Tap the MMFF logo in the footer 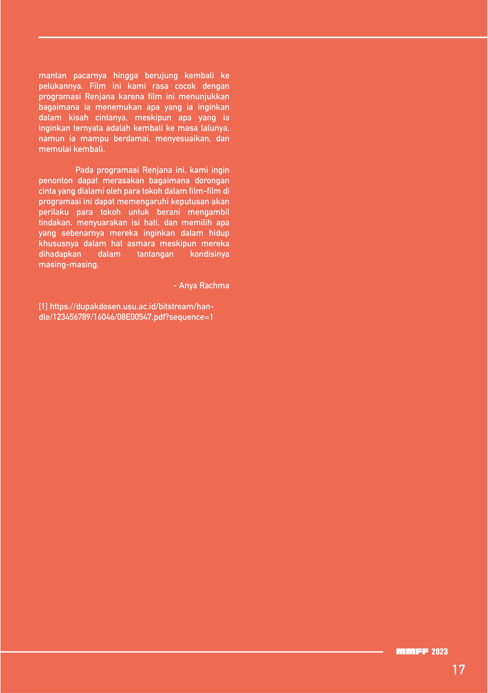[412, 652]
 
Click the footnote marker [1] [43, 307]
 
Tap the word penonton [56, 181]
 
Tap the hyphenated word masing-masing [69, 265]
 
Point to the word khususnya [59, 244]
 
